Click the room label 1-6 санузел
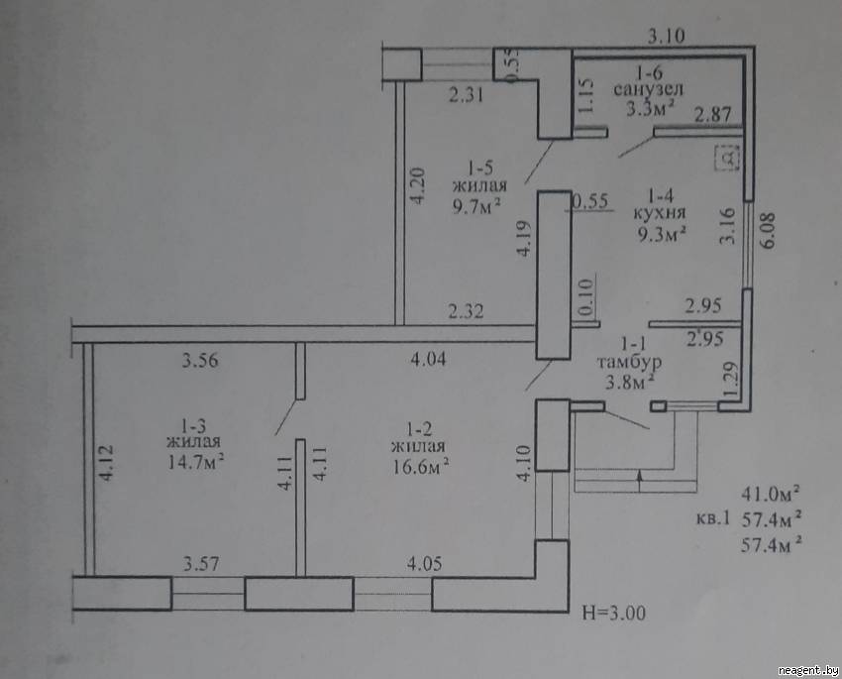[x=648, y=80]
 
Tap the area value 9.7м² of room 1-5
[x=476, y=205]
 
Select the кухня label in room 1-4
[x=660, y=213]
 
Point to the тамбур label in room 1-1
[x=629, y=363]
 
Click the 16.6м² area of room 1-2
[x=420, y=466]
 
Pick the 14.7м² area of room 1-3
[x=195, y=462]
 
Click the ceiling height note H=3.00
[x=614, y=613]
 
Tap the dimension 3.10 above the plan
[x=667, y=36]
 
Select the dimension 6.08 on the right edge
[x=768, y=230]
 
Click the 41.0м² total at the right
[x=771, y=493]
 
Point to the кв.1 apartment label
[x=712, y=518]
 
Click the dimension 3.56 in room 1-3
[x=200, y=360]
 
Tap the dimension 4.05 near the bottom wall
[x=424, y=563]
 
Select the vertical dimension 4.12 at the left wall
[x=106, y=462]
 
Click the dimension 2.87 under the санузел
[x=712, y=114]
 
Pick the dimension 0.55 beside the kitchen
[x=590, y=201]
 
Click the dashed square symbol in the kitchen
[x=728, y=158]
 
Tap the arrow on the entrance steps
[x=640, y=481]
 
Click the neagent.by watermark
[x=807, y=670]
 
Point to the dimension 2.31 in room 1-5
[x=467, y=95]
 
